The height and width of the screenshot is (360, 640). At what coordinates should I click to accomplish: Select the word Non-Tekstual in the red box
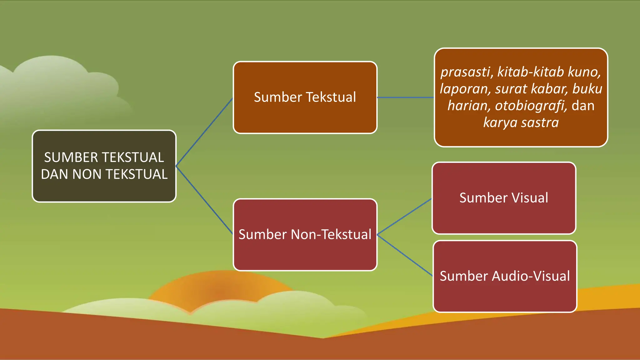click(331, 235)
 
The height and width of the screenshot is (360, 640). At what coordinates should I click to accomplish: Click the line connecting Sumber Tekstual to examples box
click(405, 97)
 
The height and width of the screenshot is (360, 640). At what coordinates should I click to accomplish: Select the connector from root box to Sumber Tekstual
click(204, 132)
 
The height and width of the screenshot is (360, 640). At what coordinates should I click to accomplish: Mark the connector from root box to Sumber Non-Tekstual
click(204, 200)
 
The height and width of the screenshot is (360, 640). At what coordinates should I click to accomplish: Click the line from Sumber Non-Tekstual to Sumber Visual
click(404, 217)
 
